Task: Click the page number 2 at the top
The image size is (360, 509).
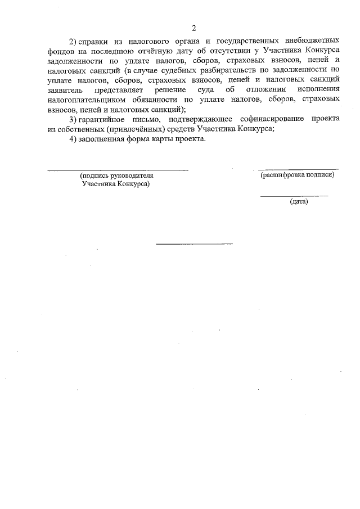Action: pyautogui.click(x=193, y=28)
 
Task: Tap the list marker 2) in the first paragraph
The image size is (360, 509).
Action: pyautogui.click(x=73, y=42)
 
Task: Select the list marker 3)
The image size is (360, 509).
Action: pyautogui.click(x=73, y=119)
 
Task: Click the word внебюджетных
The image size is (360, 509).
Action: pyautogui.click(x=312, y=42)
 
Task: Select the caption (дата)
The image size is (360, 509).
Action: pyautogui.click(x=299, y=201)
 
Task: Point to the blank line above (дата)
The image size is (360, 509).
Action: pyautogui.click(x=294, y=195)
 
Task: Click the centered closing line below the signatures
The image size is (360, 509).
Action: pyautogui.click(x=193, y=244)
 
